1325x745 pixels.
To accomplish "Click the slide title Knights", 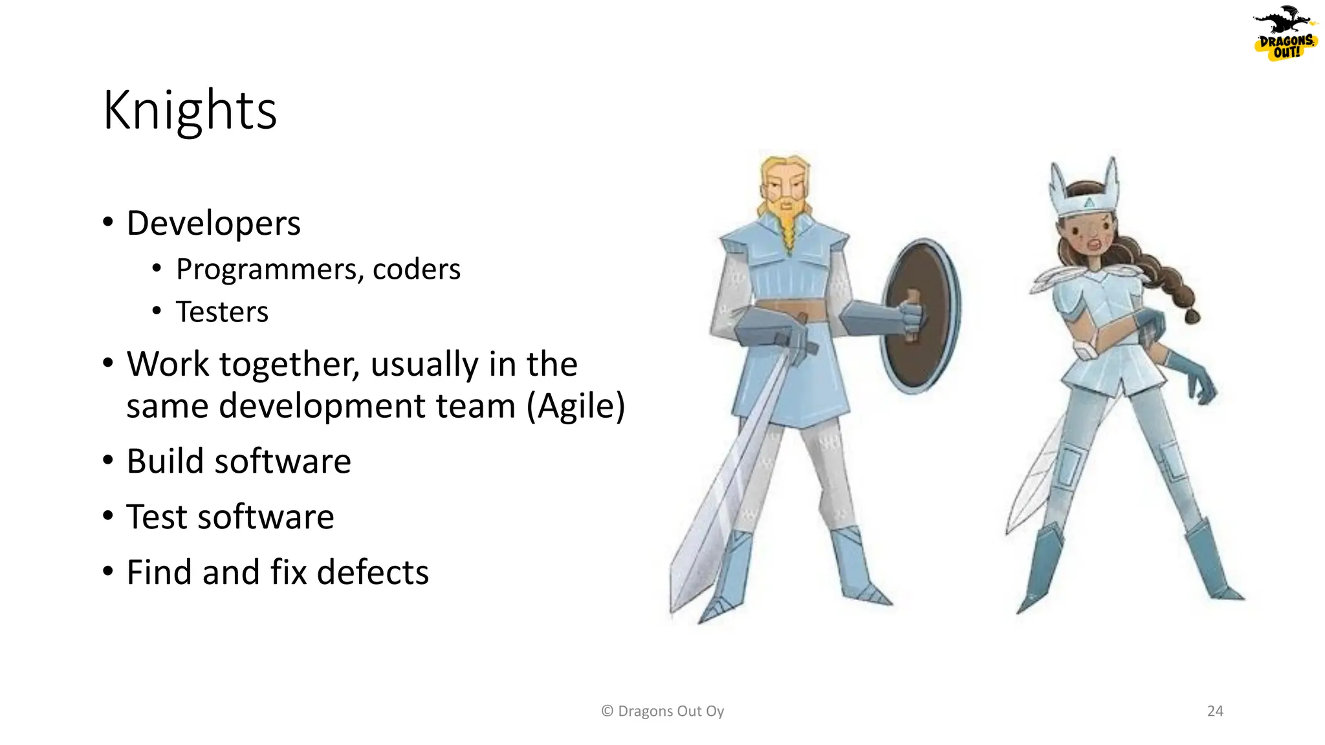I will click(x=190, y=111).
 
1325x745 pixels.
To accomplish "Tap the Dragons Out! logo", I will click(x=1285, y=36).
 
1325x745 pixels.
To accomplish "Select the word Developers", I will click(x=214, y=224).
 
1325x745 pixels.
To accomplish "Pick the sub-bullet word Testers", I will click(x=222, y=312).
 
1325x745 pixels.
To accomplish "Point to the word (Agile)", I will click(x=576, y=406).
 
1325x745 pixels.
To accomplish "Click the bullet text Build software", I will click(x=239, y=461).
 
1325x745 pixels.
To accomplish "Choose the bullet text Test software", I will click(x=230, y=517).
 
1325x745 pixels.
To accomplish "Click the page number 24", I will click(x=1215, y=711).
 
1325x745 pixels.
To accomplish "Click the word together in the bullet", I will click(x=289, y=364).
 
